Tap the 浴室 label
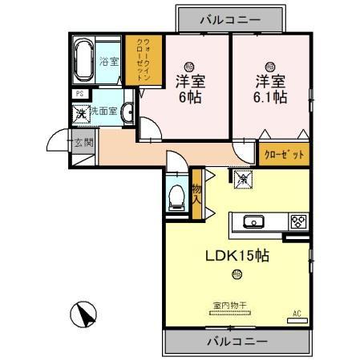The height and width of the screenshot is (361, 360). point(109,61)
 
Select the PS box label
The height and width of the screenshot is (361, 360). point(79,94)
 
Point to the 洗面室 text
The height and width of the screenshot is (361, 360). point(105,112)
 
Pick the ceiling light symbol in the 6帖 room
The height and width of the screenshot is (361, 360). point(189,66)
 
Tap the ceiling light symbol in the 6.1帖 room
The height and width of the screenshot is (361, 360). point(269,66)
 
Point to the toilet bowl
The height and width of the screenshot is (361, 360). point(176,195)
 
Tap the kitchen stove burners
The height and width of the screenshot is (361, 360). point(297,221)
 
